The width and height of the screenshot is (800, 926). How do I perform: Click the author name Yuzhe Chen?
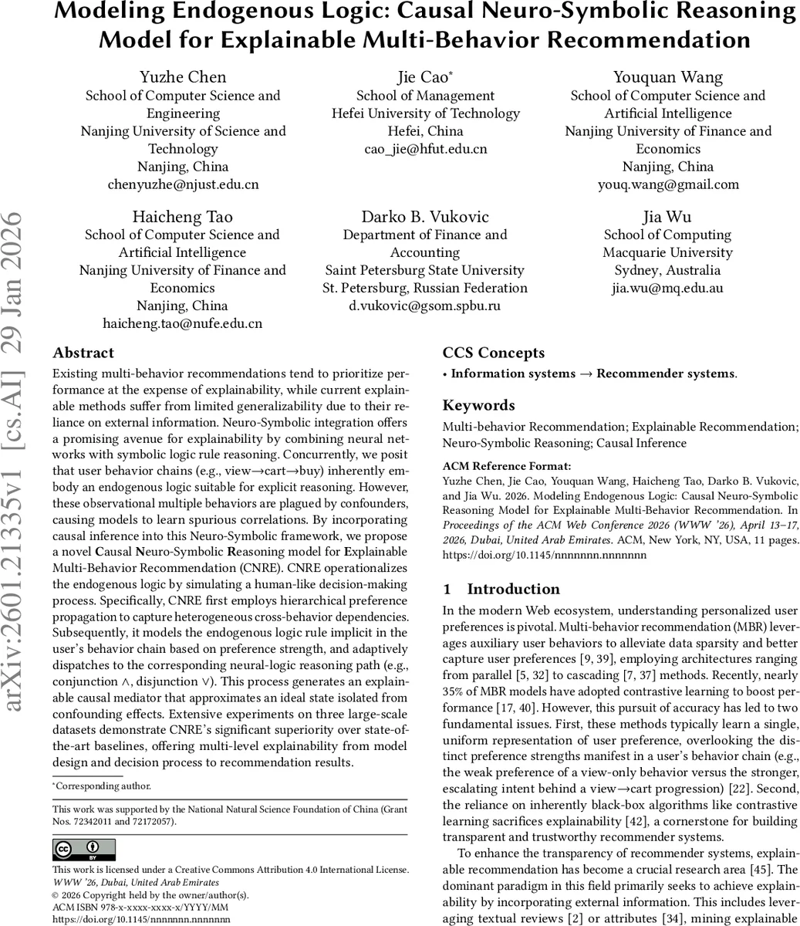pyautogui.click(x=183, y=77)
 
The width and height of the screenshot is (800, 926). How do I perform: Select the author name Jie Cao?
pyautogui.click(x=424, y=77)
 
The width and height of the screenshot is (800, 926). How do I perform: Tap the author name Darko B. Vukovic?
pyautogui.click(x=425, y=217)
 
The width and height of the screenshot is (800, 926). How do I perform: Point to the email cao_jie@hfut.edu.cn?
pyautogui.click(x=425, y=149)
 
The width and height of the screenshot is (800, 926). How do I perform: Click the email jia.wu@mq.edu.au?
pyautogui.click(x=667, y=288)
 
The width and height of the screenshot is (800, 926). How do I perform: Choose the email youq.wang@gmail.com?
pyautogui.click(x=667, y=184)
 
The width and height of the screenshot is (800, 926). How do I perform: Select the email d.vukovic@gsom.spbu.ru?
pyautogui.click(x=425, y=306)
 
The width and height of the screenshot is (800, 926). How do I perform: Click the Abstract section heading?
pyautogui.click(x=83, y=353)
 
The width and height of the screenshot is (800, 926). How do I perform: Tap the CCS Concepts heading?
pyautogui.click(x=494, y=353)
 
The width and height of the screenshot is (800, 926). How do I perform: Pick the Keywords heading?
pyautogui.click(x=478, y=405)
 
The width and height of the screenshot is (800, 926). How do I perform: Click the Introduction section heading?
pyautogui.click(x=501, y=589)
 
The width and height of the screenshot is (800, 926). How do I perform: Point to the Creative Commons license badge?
pyautogui.click(x=84, y=850)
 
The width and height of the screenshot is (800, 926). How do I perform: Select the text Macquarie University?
pyautogui.click(x=667, y=252)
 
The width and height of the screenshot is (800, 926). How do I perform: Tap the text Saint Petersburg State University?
pyautogui.click(x=425, y=270)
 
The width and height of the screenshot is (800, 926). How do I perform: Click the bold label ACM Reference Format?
pyautogui.click(x=507, y=466)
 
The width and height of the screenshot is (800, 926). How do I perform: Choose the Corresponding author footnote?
pyautogui.click(x=102, y=786)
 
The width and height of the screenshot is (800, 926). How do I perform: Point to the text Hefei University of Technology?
pyautogui.click(x=425, y=113)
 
